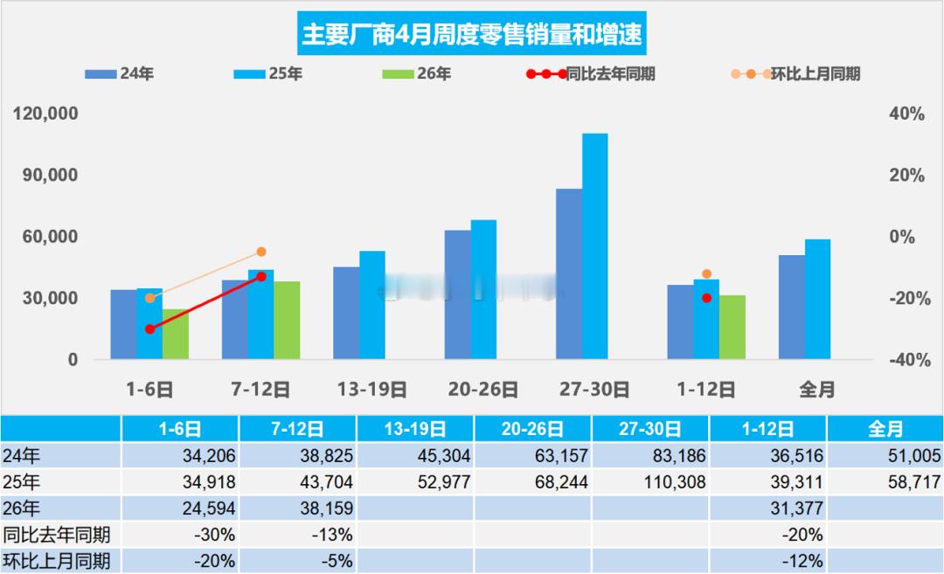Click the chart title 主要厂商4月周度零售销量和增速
472,34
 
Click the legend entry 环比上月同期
795,74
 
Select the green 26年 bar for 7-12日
287,320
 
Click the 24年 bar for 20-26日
457,294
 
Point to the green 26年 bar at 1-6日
176,334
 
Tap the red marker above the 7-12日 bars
260,276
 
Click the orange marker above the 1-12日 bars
706,274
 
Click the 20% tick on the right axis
907,176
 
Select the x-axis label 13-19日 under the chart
371,390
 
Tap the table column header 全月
885,429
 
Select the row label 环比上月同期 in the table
56,561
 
